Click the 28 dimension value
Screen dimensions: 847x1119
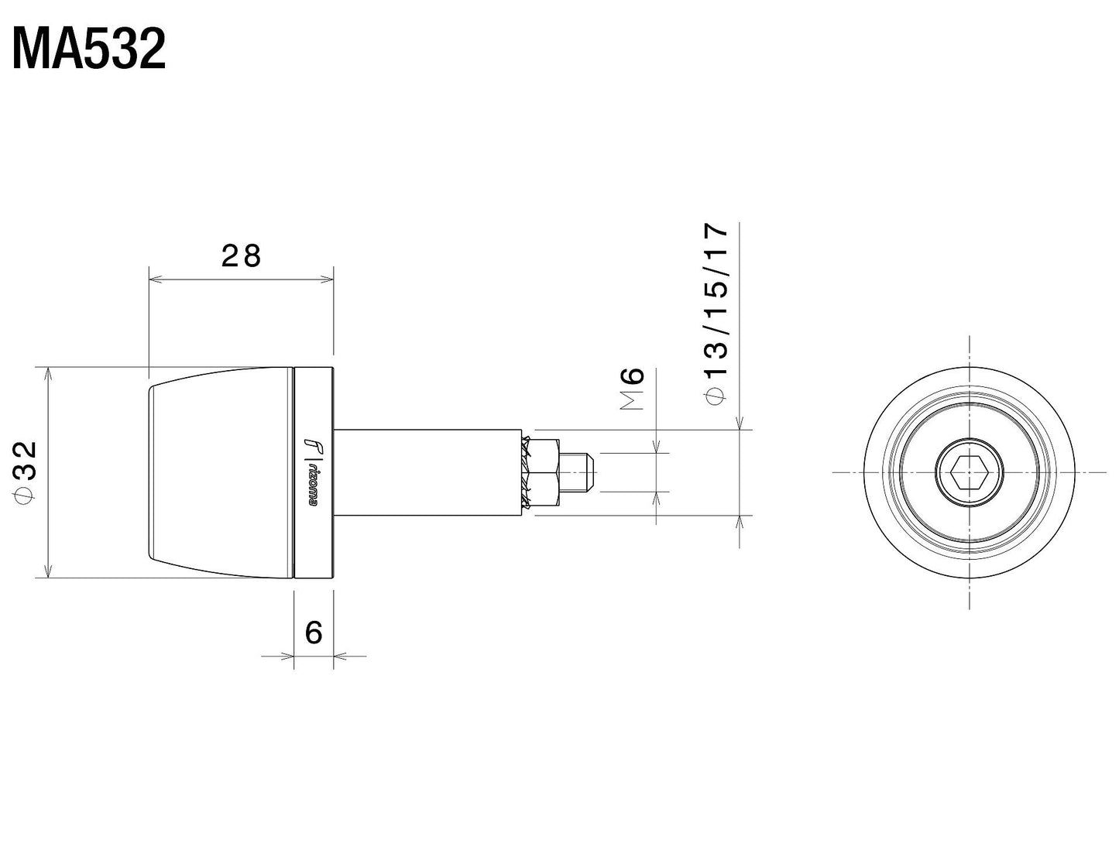tap(241, 255)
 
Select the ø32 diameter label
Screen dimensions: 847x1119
tap(25, 472)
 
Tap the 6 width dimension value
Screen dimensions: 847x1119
tap(314, 633)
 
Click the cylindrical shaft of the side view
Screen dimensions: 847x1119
tap(426, 472)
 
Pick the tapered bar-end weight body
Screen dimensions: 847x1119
tap(221, 472)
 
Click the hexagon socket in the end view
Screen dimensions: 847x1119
tap(969, 472)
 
